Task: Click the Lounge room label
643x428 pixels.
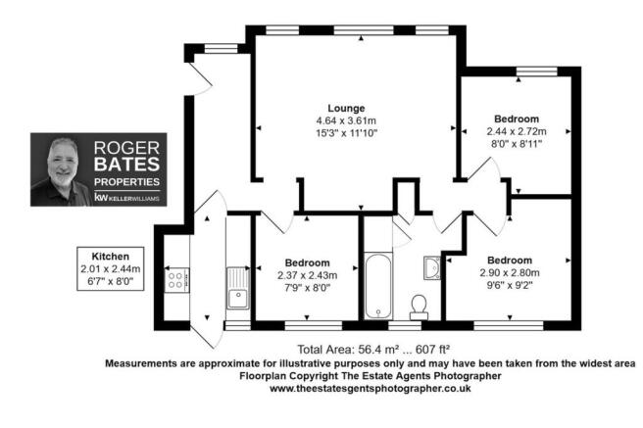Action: click(346, 109)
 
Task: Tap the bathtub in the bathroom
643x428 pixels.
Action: click(378, 286)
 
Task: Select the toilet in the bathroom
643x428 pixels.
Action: click(419, 308)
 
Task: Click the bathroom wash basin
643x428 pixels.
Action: click(432, 267)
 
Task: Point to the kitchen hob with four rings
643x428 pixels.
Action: click(176, 280)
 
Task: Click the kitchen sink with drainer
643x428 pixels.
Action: click(238, 288)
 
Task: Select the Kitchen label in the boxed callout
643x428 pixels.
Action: click(111, 257)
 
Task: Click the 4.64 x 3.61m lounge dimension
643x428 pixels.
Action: click(346, 120)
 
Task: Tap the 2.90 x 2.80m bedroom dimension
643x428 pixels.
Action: click(510, 273)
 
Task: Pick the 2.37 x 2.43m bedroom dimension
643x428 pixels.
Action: click(307, 275)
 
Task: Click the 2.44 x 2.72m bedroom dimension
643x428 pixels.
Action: click(517, 131)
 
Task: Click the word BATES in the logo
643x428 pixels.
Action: click(126, 165)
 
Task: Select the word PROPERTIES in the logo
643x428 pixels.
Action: click(126, 182)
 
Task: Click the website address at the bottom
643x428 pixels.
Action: click(370, 388)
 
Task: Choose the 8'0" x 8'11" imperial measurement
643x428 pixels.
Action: click(517, 144)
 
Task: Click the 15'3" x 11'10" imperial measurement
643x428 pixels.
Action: click(346, 133)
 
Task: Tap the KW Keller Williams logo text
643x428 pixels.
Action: click(126, 198)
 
